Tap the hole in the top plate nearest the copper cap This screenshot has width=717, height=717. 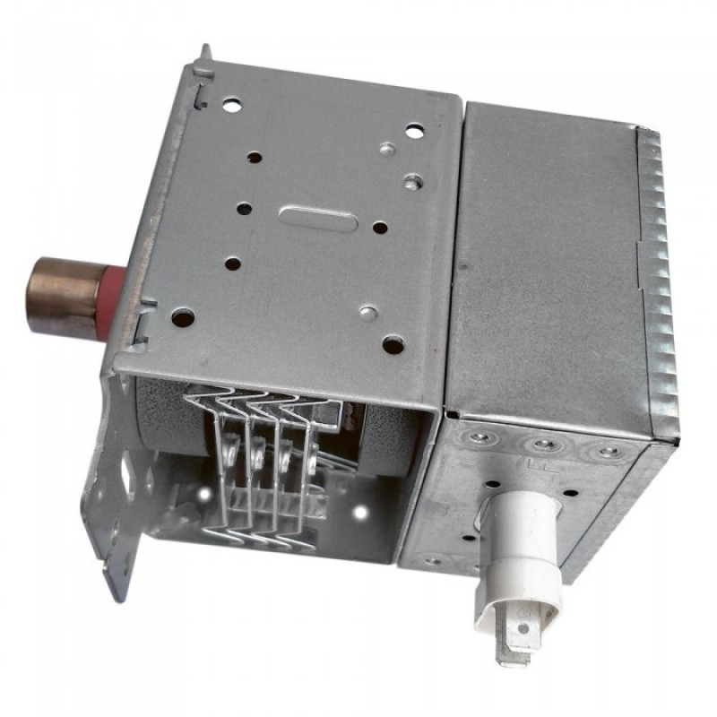[183, 316]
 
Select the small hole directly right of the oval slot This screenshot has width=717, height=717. [380, 228]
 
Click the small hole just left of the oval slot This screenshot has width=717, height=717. [244, 208]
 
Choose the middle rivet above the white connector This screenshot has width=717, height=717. [541, 445]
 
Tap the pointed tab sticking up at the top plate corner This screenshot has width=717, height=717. [205, 55]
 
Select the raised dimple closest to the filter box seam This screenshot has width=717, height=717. [412, 182]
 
